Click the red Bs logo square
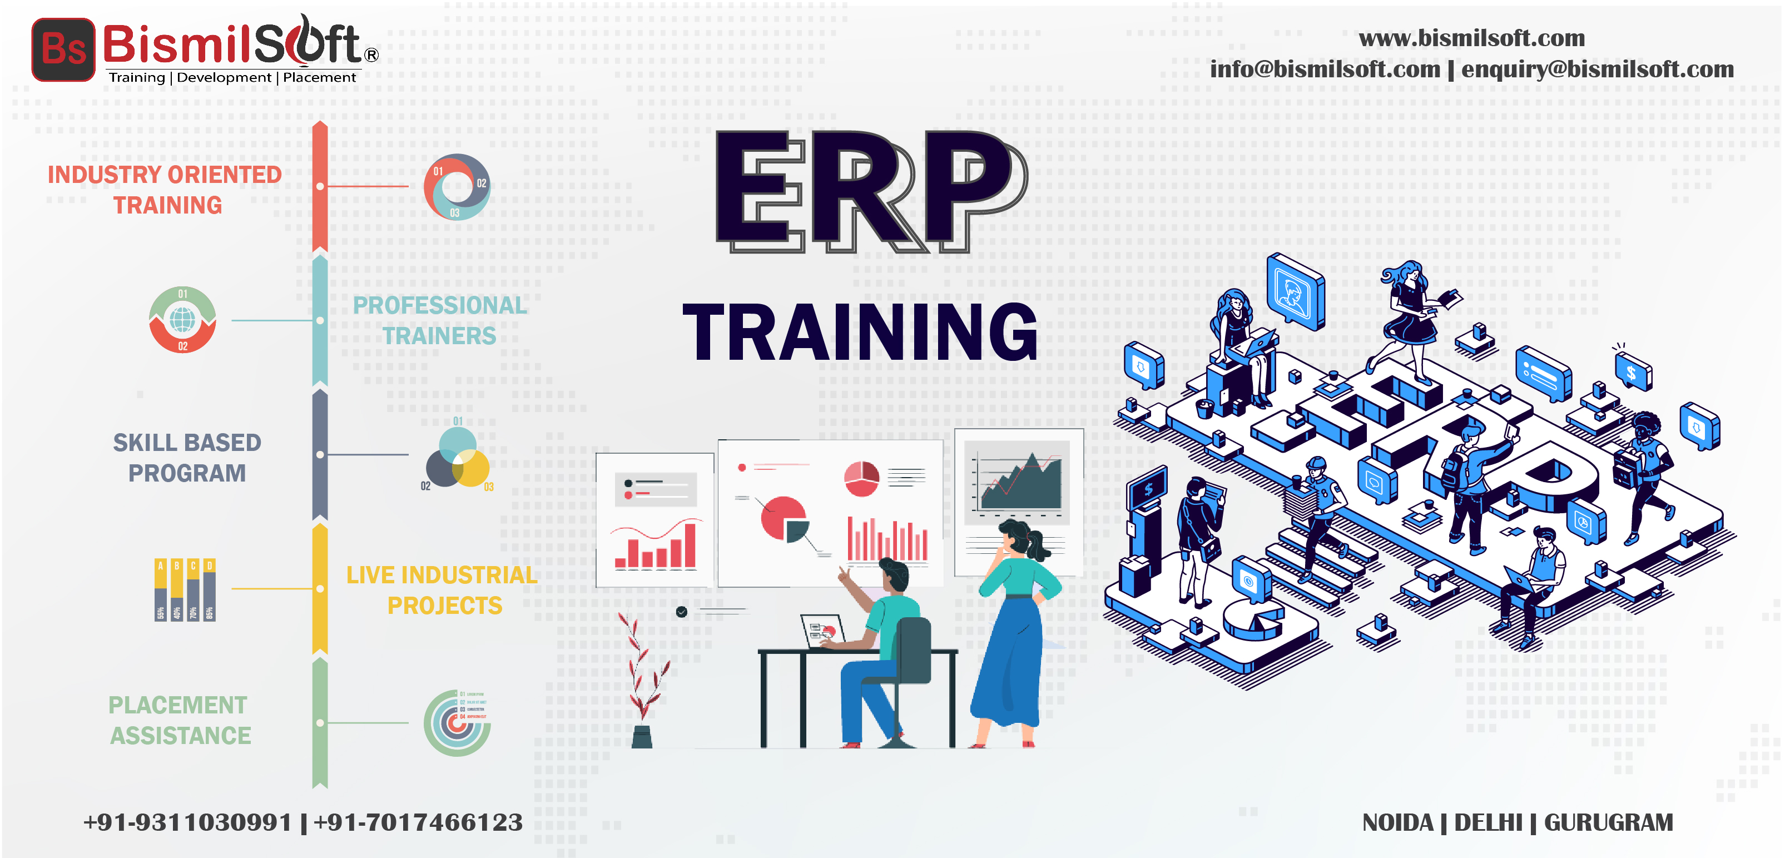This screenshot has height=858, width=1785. tap(63, 49)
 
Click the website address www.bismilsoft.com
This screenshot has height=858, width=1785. tap(1471, 38)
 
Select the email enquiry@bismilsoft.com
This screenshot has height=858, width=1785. tap(1597, 70)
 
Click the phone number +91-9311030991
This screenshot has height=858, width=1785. tap(187, 822)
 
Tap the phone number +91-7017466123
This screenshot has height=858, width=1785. tap(418, 822)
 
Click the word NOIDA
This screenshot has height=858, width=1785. tap(1397, 822)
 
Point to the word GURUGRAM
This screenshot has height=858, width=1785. tap(1608, 822)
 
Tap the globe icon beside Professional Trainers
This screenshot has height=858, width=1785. tap(182, 320)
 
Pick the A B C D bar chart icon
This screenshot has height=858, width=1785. tap(184, 589)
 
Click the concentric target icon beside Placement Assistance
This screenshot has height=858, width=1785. tap(457, 723)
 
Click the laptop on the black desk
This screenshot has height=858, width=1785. tap(822, 631)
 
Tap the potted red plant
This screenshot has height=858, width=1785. tap(642, 683)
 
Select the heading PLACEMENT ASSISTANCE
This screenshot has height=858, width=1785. tap(180, 720)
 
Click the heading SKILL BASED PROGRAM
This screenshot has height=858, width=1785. tap(187, 458)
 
